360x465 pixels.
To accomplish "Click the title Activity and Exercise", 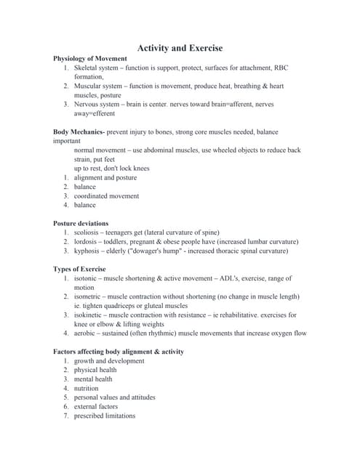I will [180, 47].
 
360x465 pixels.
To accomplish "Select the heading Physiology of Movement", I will [90, 58].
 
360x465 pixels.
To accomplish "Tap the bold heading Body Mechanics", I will [79, 132].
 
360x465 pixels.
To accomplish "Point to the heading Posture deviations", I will [81, 223].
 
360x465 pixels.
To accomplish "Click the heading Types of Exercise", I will [79, 269].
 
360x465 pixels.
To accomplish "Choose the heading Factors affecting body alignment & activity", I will [119, 351].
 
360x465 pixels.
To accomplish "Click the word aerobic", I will [86, 333].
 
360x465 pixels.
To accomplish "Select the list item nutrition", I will [88, 388].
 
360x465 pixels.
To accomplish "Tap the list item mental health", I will [93, 379].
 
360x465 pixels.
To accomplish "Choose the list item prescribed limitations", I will [104, 416].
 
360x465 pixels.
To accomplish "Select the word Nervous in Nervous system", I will [88, 104].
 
